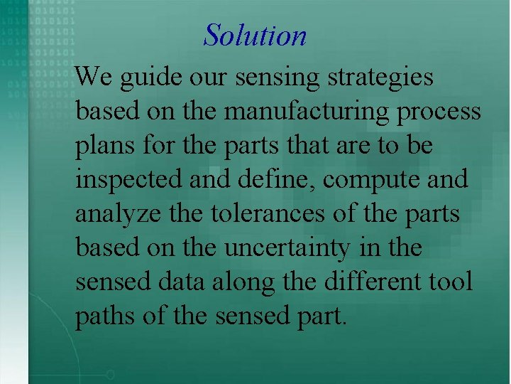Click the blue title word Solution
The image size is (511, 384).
255,35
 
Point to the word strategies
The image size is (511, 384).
380,78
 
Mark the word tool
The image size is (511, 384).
451,282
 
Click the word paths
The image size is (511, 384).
106,316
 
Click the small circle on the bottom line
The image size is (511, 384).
110,374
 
